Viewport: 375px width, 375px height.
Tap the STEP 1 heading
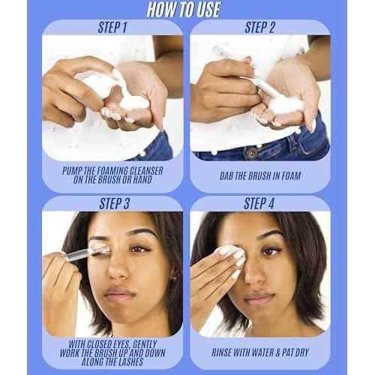tap(112, 28)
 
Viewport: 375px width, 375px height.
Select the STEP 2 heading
tap(260, 28)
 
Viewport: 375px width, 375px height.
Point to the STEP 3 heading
tap(112, 204)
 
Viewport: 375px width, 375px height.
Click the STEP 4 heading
tap(260, 204)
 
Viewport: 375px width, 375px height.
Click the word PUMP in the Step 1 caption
tap(76, 170)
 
